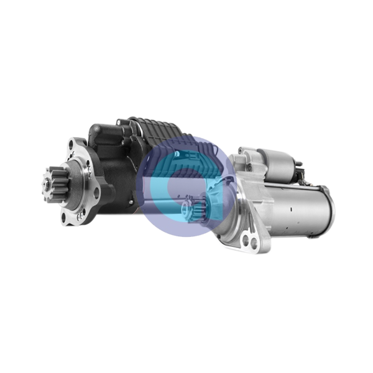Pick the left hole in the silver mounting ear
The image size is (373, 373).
point(244,239)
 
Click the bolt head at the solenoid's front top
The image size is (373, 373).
point(245,150)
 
